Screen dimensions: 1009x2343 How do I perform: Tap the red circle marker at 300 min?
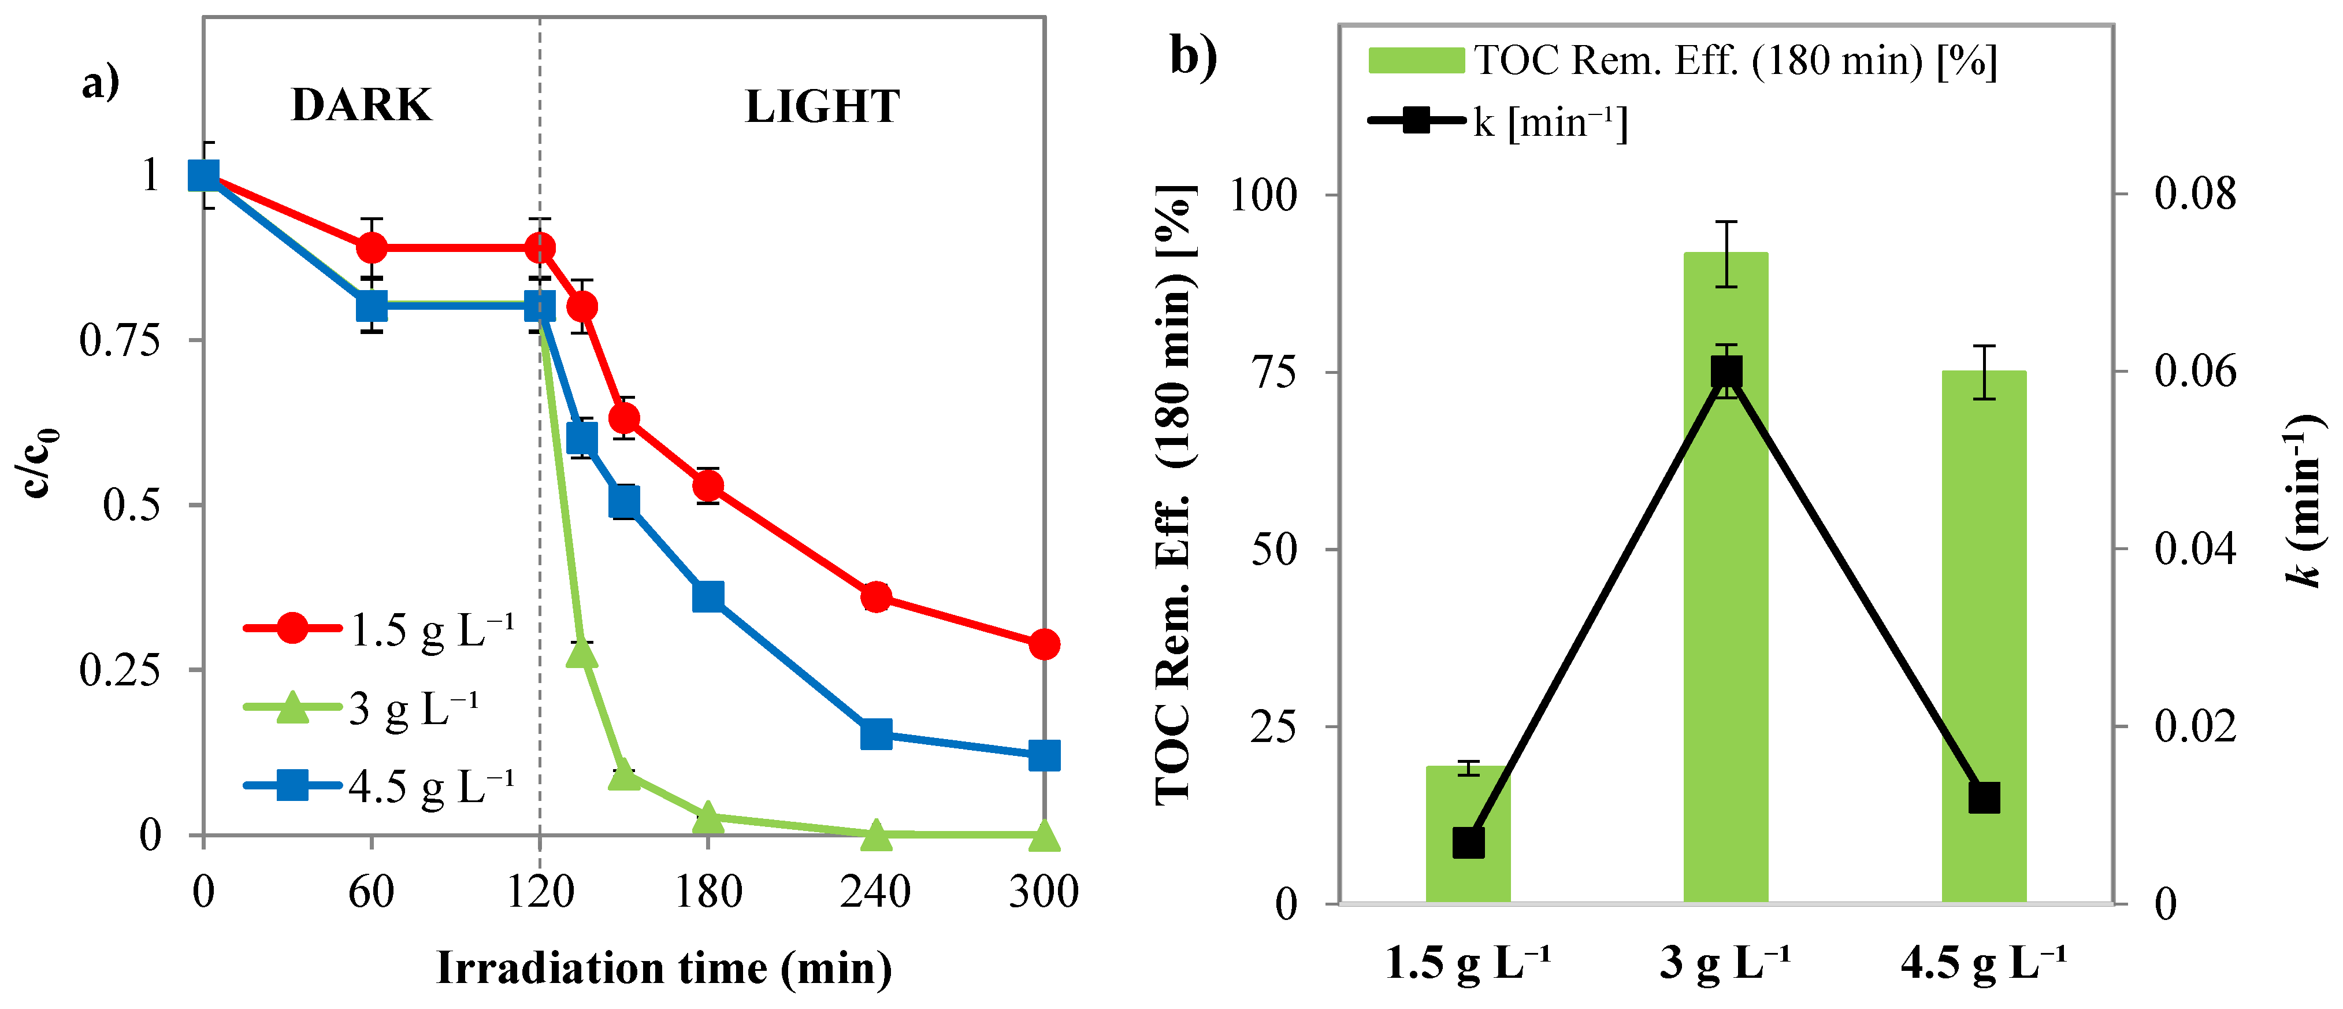pyautogui.click(x=1044, y=644)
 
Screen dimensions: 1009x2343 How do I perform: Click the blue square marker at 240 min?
pyautogui.click(x=876, y=733)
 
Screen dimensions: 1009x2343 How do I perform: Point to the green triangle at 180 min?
pyautogui.click(x=708, y=818)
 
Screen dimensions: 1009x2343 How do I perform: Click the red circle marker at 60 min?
pyautogui.click(x=371, y=247)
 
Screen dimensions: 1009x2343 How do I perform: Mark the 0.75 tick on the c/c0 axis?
pyautogui.click(x=119, y=340)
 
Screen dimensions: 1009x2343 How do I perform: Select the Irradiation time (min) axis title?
pyautogui.click(x=664, y=968)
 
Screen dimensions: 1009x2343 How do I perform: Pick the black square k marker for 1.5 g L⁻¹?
pyautogui.click(x=1468, y=843)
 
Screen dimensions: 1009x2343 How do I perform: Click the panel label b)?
pyautogui.click(x=1193, y=57)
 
